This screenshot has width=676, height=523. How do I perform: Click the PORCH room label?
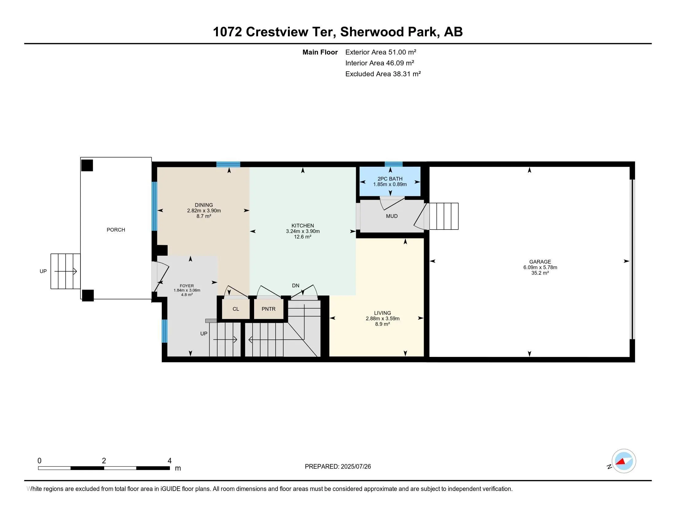116,230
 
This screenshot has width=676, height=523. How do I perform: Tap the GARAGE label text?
540,262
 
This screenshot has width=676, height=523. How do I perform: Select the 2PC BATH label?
390,179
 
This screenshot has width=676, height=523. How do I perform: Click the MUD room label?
392,216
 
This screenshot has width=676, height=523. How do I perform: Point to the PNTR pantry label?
268,309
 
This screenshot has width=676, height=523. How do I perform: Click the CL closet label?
236,309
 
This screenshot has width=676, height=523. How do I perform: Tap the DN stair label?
296,286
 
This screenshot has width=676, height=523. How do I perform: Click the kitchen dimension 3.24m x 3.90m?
303,231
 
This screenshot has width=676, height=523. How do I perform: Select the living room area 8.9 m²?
382,324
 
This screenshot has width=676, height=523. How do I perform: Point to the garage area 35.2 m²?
540,273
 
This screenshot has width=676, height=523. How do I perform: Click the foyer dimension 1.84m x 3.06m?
187,290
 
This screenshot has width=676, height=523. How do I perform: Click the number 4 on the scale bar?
169,461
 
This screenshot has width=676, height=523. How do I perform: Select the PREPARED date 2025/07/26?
356,467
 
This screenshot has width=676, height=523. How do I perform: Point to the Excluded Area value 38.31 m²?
407,74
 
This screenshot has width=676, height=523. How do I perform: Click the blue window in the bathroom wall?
394,164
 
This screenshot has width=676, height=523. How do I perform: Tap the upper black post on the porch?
87,166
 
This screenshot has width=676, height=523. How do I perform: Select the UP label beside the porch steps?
43,271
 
